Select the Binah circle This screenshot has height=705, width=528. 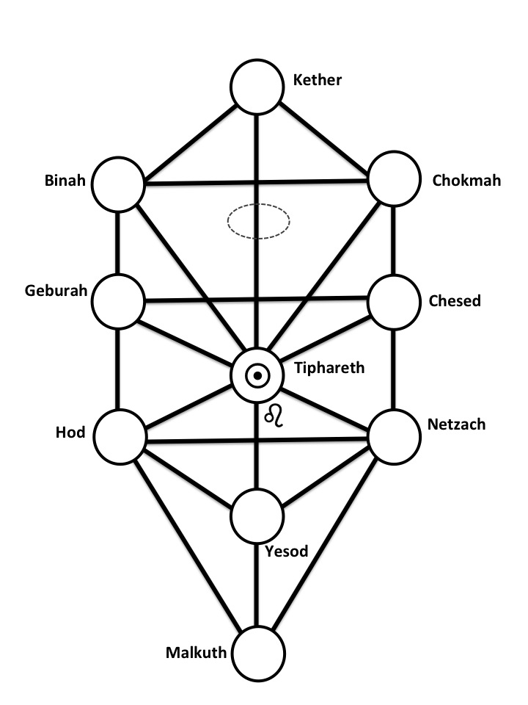(x=118, y=184)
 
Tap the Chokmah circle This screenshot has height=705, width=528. (x=395, y=181)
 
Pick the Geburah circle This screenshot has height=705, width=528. (x=118, y=300)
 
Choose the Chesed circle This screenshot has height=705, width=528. (x=395, y=300)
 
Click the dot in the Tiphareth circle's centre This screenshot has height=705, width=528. (x=257, y=377)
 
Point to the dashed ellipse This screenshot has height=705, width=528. (x=258, y=220)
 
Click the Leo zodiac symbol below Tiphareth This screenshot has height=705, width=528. (x=274, y=416)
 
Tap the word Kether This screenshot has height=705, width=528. (x=318, y=80)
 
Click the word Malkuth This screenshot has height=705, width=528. (x=196, y=651)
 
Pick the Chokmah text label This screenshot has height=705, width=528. (x=457, y=180)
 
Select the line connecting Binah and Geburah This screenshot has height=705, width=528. (x=118, y=242)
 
